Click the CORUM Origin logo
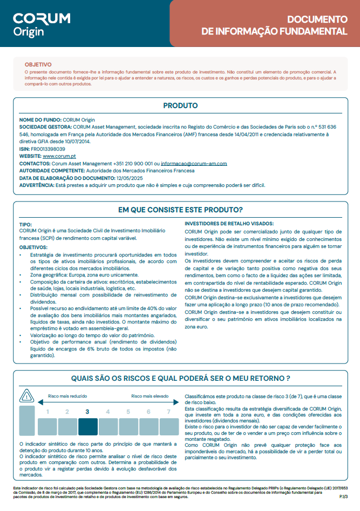[x=42, y=24]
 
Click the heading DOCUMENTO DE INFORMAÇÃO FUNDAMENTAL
[x=274, y=25]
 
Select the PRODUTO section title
[x=180, y=106]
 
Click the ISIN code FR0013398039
[x=47, y=149]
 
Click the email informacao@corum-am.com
[x=194, y=163]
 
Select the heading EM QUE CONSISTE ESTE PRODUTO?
[x=180, y=210]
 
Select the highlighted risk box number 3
[x=87, y=421]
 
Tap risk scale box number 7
[x=169, y=421]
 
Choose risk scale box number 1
[x=47, y=421]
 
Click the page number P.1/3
[x=343, y=496]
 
